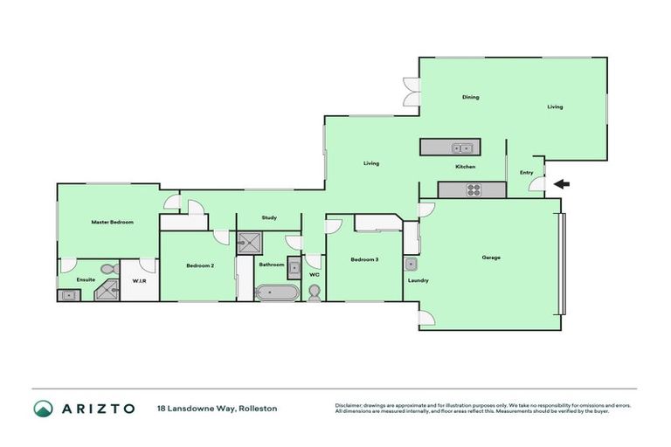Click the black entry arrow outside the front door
(562, 183)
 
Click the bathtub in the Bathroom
(277, 292)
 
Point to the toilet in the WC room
(315, 293)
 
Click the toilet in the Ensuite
(108, 269)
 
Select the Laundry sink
(411, 264)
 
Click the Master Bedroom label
(112, 223)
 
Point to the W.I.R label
(138, 280)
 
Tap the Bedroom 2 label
(200, 265)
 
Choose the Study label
(269, 217)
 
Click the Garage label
(490, 258)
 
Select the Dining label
(471, 97)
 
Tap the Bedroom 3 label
(364, 259)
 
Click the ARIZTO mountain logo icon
(43, 408)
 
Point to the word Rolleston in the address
(259, 408)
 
